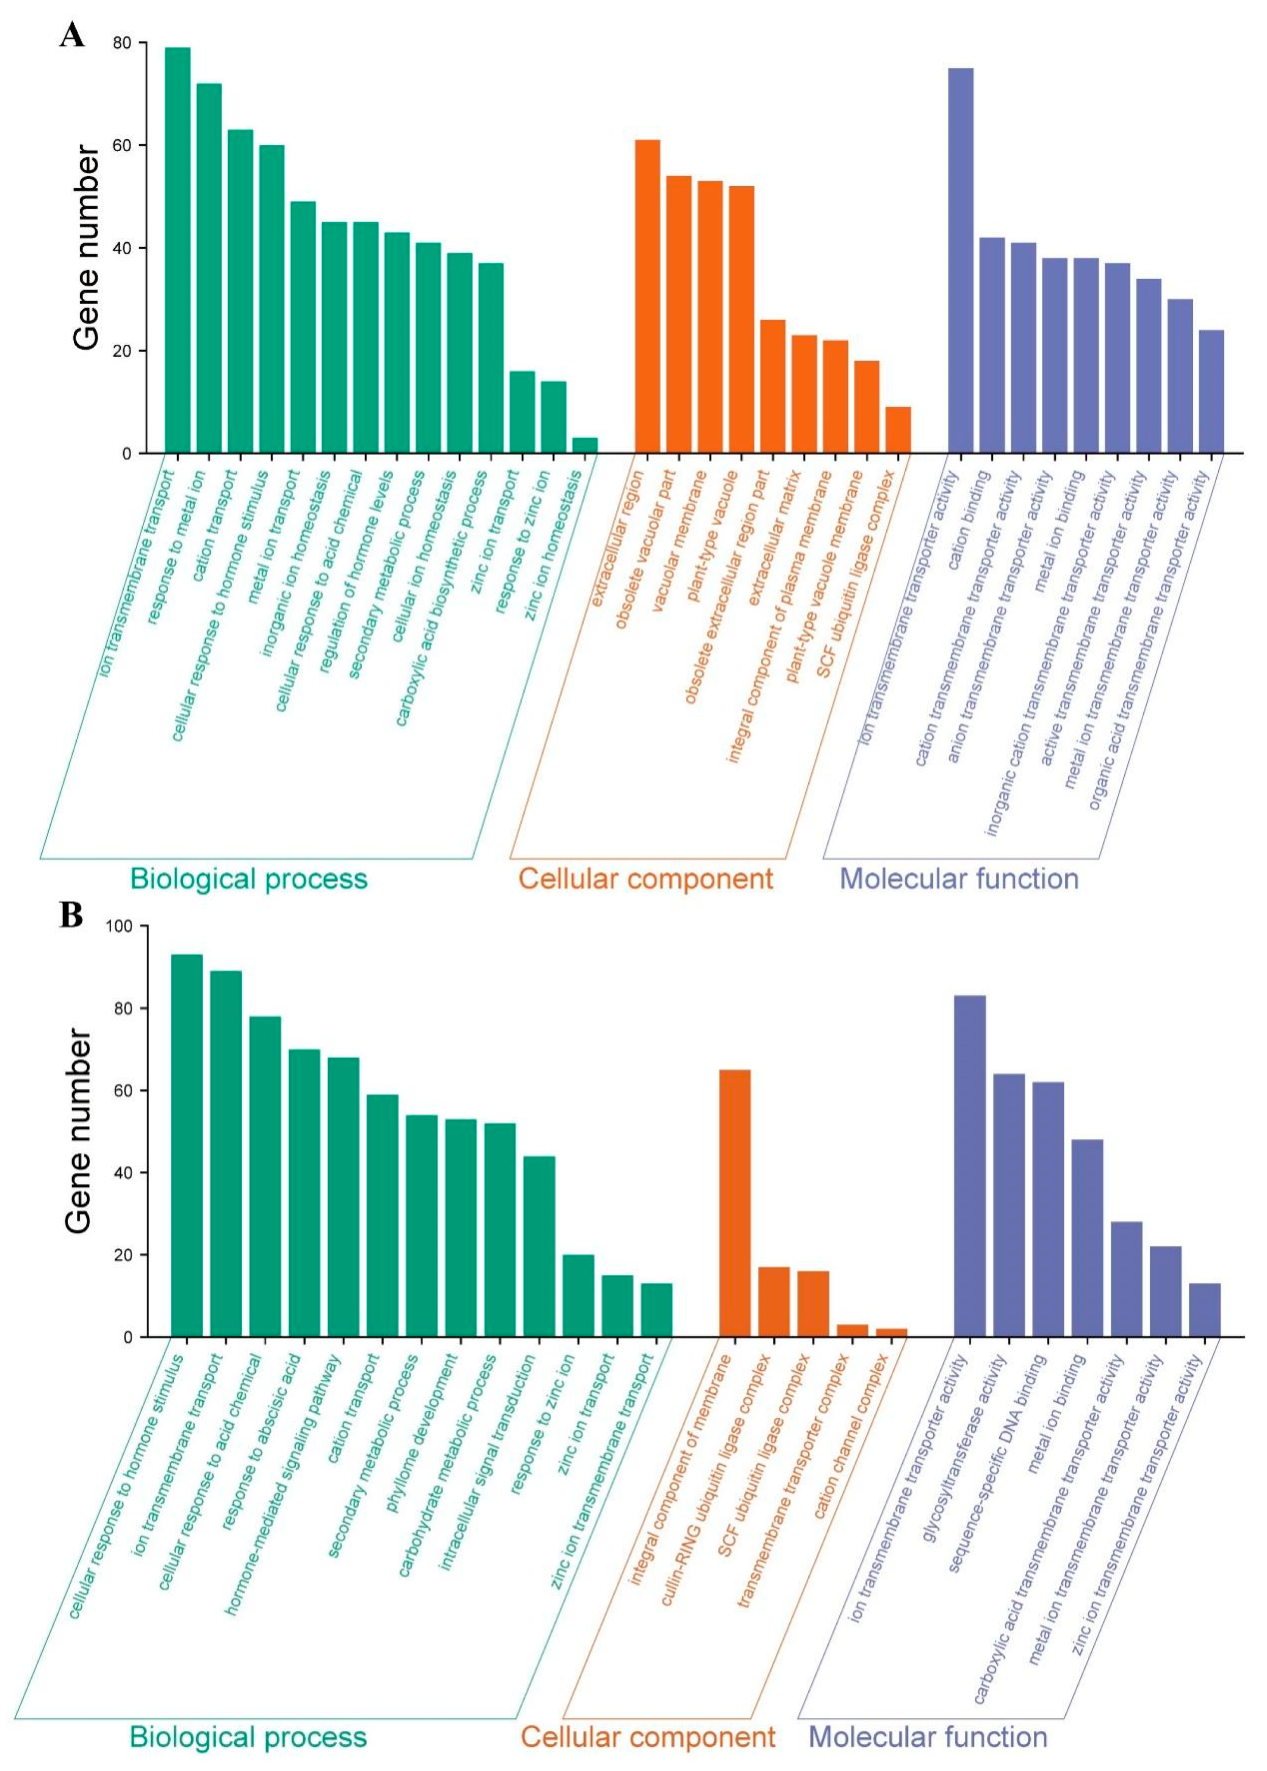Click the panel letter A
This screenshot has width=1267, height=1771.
pyautogui.click(x=72, y=35)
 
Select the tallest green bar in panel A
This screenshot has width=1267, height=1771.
pyautogui.click(x=177, y=249)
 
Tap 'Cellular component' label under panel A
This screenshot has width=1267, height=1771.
pyautogui.click(x=645, y=879)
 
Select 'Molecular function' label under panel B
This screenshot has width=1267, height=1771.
pyautogui.click(x=929, y=1737)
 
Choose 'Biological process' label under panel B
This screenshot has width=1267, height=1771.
pyautogui.click(x=248, y=1737)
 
